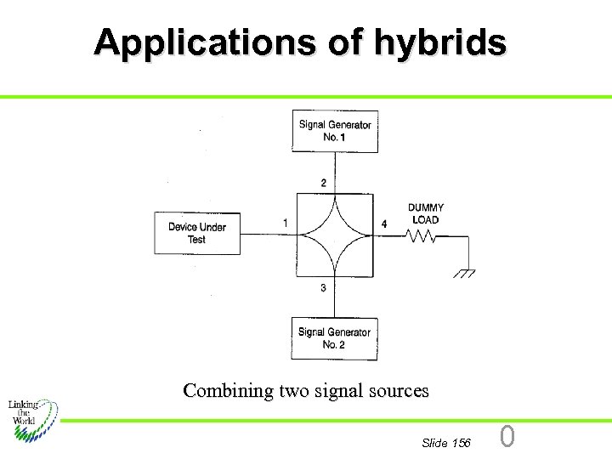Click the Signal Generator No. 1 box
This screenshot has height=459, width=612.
[335, 131]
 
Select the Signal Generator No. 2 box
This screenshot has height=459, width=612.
[334, 338]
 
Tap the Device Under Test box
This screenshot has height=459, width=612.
[197, 233]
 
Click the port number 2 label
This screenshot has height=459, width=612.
[323, 183]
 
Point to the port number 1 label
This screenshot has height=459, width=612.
[286, 224]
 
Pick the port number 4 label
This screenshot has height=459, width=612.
[384, 224]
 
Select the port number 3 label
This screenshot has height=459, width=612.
[323, 288]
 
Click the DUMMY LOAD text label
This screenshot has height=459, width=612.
[425, 213]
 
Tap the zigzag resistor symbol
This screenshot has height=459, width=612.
[422, 237]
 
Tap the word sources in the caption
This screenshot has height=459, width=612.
[398, 391]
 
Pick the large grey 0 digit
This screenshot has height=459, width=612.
[507, 437]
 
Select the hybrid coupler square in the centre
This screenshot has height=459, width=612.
[334, 235]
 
